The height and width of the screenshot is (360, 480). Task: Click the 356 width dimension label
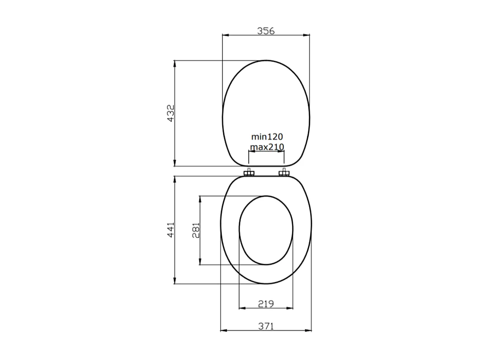[x=266, y=31]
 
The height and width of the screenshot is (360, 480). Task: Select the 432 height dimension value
[x=170, y=113]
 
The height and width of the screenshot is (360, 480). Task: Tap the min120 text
[x=267, y=136]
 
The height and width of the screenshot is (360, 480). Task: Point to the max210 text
[x=267, y=147]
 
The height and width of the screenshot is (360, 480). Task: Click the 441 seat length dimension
[x=170, y=230]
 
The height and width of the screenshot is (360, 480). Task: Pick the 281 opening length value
[x=196, y=230]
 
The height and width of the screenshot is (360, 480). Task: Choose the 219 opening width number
[x=266, y=304]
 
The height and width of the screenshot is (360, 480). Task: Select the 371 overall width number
[x=266, y=326]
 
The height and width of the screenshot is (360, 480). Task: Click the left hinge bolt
[x=249, y=173]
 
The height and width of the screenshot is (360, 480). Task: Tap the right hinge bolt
[x=284, y=173]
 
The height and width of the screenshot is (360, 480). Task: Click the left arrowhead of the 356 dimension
[x=225, y=36]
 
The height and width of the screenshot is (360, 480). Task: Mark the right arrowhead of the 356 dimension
[x=307, y=36]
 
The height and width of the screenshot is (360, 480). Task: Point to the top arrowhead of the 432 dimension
[x=175, y=63]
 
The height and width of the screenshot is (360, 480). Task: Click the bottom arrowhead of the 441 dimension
[x=175, y=281]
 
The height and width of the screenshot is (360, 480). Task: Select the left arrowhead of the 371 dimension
[x=223, y=331]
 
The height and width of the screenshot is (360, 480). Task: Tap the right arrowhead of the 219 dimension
[x=290, y=308]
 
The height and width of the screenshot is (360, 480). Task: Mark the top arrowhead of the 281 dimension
[x=200, y=199]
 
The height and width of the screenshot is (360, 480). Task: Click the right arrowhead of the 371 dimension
[x=309, y=331]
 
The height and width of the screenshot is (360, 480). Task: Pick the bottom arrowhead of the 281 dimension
[x=200, y=262]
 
